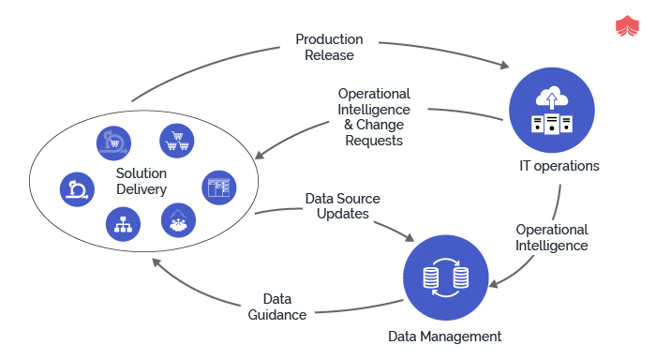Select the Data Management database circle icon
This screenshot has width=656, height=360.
point(446,277)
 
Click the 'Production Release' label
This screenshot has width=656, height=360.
point(329,47)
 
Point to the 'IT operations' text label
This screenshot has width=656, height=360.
point(559,167)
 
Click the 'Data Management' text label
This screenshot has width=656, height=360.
point(445,336)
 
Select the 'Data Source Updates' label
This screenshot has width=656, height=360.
point(343,206)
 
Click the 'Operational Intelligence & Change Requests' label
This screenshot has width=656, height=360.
point(374,117)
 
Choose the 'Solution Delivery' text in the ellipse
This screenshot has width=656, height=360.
point(142,181)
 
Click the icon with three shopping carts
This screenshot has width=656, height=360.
point(175,142)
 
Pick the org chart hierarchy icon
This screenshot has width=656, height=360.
point(124,223)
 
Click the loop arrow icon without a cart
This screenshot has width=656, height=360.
point(77,188)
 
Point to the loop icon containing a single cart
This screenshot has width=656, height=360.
point(113,142)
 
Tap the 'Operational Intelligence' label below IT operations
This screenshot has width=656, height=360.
point(552,237)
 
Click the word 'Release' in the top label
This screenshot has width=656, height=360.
point(329,55)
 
